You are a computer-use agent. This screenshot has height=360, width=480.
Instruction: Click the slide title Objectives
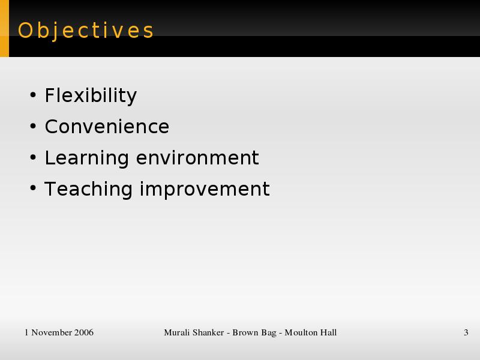coord(86,31)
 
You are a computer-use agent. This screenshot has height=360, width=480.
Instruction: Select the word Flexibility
coord(91,96)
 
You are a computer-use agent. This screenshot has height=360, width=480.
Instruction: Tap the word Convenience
coord(107,127)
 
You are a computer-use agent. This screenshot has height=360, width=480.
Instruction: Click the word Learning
coord(86,158)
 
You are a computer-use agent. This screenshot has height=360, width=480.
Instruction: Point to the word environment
coord(197,158)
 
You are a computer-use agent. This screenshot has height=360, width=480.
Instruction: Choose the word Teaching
coord(88,190)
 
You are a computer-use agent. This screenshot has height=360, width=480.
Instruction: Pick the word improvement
coord(205,190)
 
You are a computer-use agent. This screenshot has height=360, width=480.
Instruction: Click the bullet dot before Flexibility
coord(33,95)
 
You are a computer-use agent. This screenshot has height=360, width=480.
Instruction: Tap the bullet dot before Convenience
coord(33,126)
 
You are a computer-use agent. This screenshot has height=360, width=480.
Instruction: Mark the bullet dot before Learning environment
coord(33,157)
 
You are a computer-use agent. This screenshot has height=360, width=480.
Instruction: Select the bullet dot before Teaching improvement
coord(33,188)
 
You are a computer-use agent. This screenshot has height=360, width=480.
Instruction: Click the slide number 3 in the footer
coord(466,332)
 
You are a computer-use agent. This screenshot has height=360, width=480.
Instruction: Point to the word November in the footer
coord(52,332)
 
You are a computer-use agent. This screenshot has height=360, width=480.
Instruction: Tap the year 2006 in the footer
coord(84,332)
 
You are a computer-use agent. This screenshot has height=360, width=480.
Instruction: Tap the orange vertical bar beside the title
coord(4,28)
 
